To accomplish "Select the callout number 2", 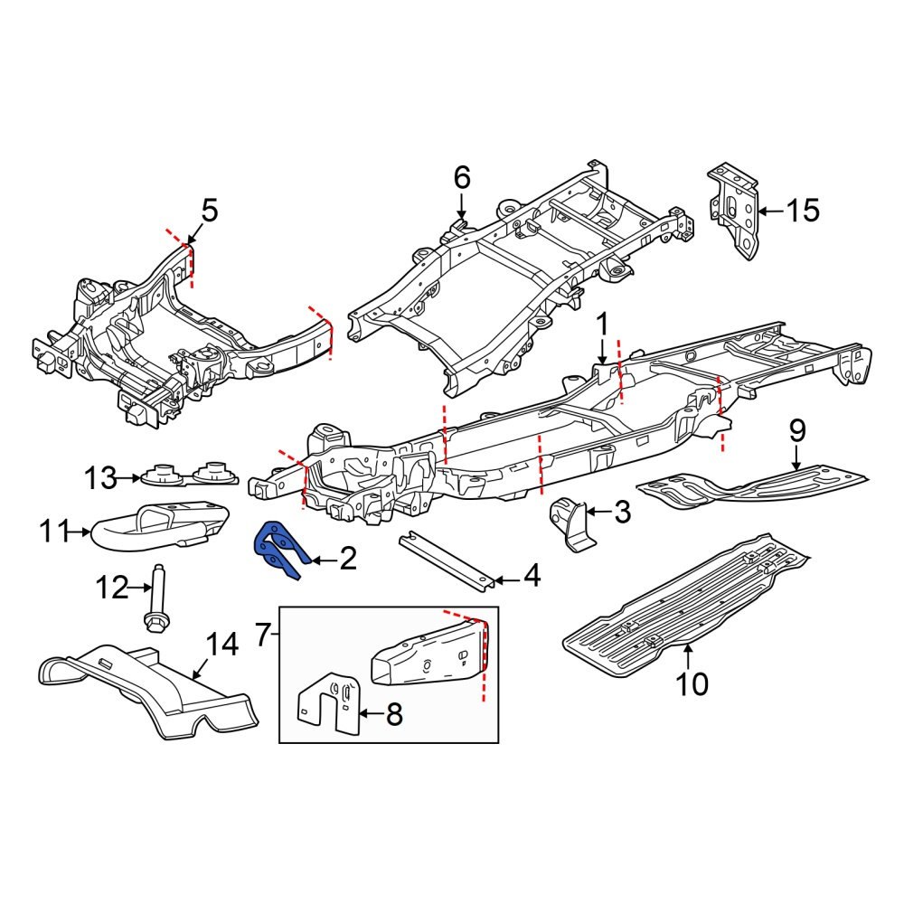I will (x=347, y=560).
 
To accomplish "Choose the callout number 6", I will (x=462, y=177).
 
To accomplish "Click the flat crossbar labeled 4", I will (x=447, y=559).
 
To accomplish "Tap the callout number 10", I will (x=692, y=684).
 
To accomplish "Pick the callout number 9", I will (x=796, y=430).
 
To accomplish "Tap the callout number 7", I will (x=262, y=636).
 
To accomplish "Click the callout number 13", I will (x=101, y=476).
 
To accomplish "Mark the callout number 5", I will (x=209, y=212).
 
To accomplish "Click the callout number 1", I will (x=602, y=324).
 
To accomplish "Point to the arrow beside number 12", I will (x=140, y=589).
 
